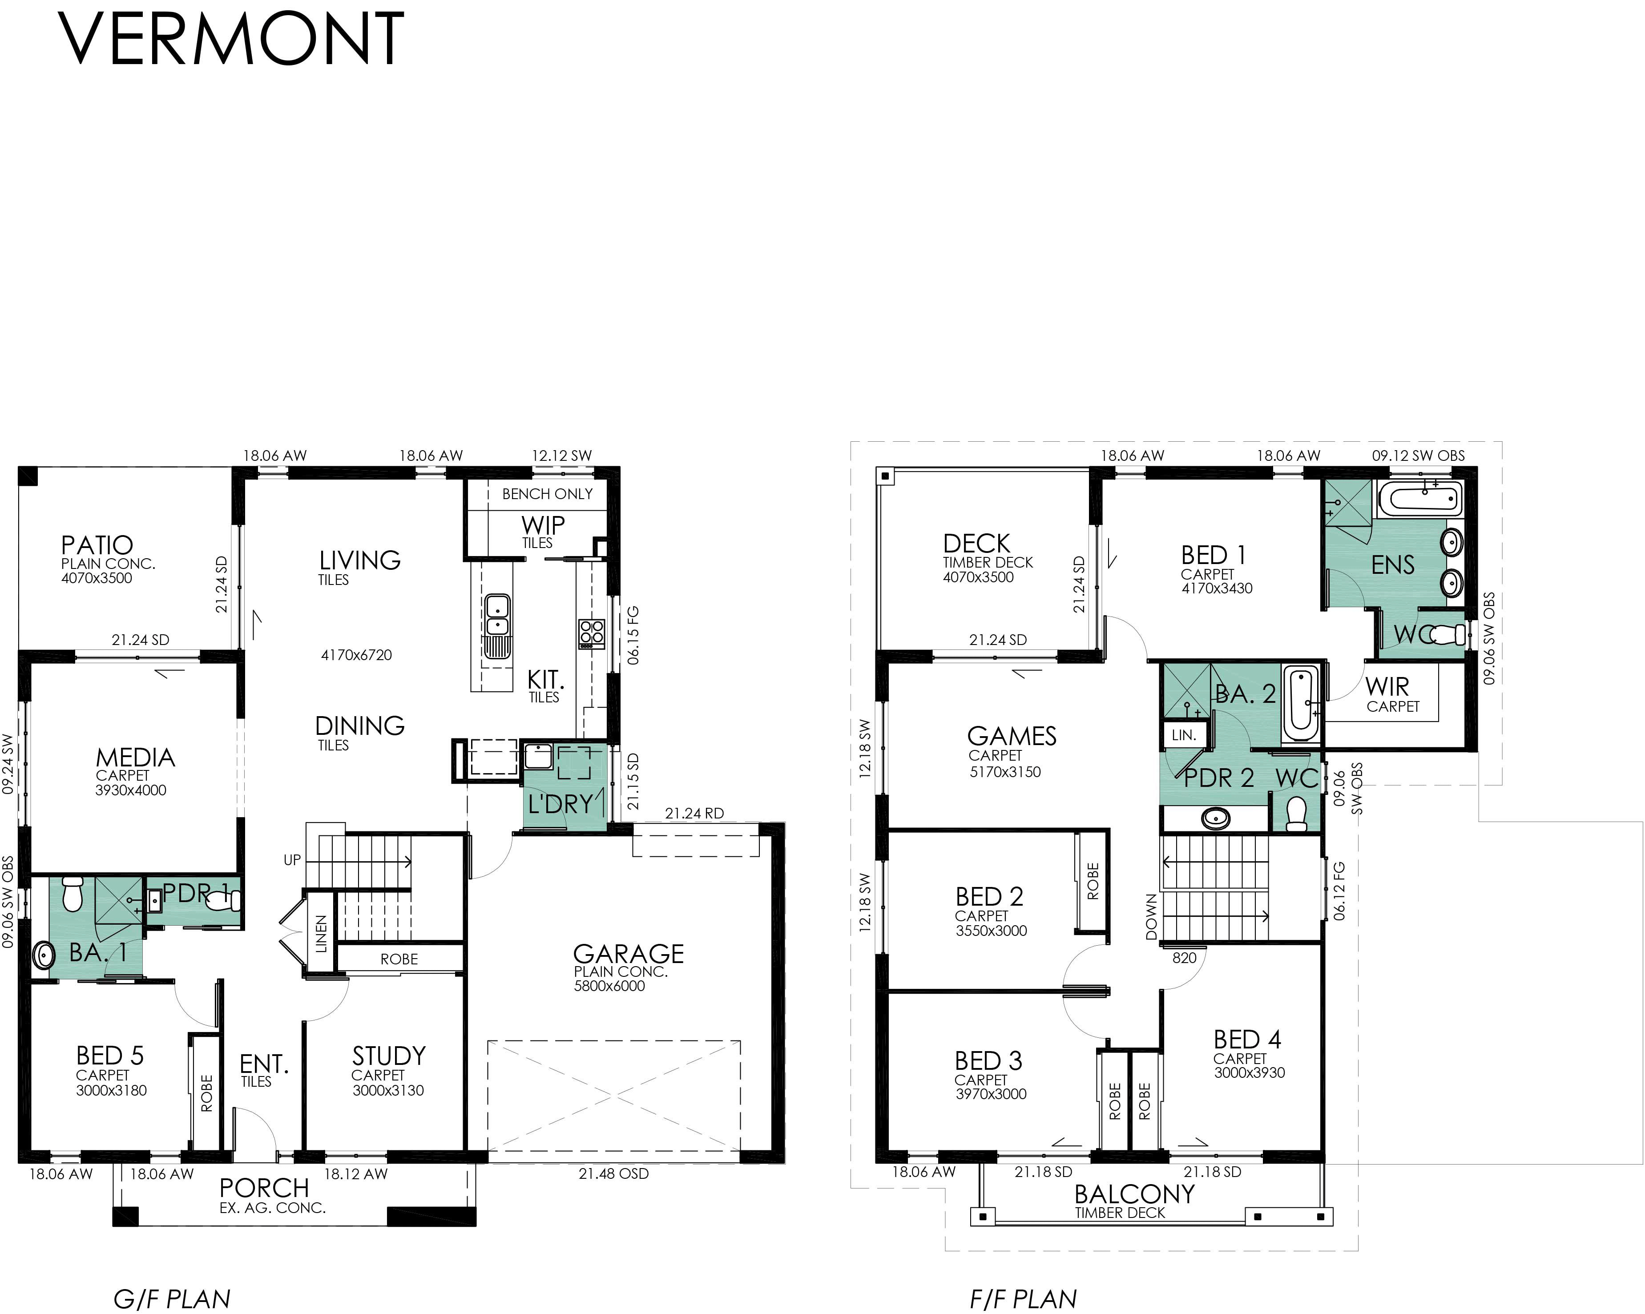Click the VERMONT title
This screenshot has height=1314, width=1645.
[x=230, y=40]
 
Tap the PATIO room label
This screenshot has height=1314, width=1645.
[x=97, y=545]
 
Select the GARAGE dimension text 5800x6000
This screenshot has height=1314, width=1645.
[x=609, y=986]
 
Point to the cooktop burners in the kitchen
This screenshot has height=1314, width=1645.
[x=591, y=633]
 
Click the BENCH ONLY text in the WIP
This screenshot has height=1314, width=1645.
[x=547, y=494]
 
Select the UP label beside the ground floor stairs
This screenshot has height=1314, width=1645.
[x=292, y=860]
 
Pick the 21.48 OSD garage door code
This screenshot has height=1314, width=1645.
[x=613, y=1173]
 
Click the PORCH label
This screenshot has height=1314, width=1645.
[x=264, y=1188]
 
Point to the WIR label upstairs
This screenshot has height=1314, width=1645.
[x=1387, y=687]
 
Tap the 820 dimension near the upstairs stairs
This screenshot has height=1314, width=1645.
[x=1184, y=958]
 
